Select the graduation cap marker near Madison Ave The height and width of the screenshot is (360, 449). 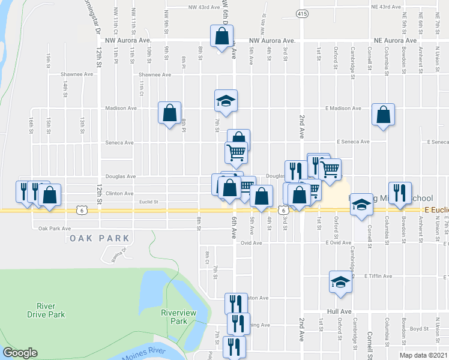pyautogui.click(x=226, y=100)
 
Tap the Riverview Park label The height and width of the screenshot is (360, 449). pyautogui.click(x=175, y=316)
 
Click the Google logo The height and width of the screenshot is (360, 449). pyautogui.click(x=20, y=353)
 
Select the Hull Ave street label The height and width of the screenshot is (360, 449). pyautogui.click(x=339, y=311)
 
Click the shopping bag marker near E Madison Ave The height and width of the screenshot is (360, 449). pyautogui.click(x=383, y=115)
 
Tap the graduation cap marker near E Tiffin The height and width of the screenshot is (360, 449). pyautogui.click(x=340, y=283)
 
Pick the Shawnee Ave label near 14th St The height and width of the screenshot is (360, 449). pyautogui.click(x=77, y=74)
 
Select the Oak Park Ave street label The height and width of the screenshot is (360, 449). pyautogui.click(x=55, y=229)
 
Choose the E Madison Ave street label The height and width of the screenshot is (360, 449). pyautogui.click(x=343, y=109)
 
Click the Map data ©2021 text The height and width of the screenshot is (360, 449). pyautogui.click(x=427, y=355)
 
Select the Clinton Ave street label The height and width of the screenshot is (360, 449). pyautogui.click(x=119, y=193)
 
